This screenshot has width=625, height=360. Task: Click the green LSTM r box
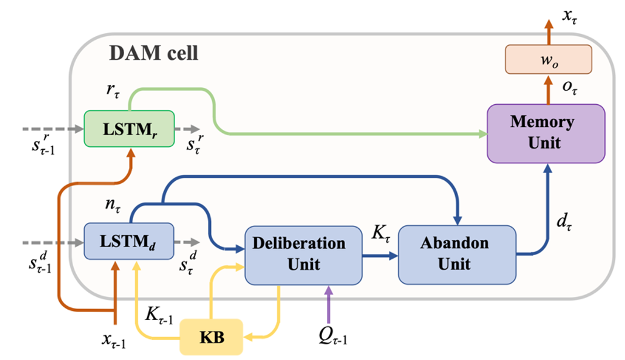(x=129, y=129)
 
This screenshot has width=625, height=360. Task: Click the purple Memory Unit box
(x=545, y=133)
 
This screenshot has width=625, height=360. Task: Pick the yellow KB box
(x=211, y=337)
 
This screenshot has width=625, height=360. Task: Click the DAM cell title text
(x=153, y=54)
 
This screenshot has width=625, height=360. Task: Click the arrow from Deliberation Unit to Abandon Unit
(x=380, y=256)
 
